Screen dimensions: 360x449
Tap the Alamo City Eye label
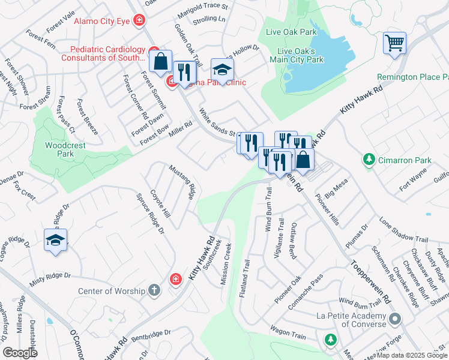pyautogui.click(x=102, y=22)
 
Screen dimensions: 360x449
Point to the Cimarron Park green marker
pyautogui.click(x=369, y=160)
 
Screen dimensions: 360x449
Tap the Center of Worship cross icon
pyautogui.click(x=154, y=291)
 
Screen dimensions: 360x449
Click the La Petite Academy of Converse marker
pyautogui.click(x=394, y=319)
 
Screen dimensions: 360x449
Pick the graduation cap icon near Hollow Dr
pyautogui.click(x=221, y=70)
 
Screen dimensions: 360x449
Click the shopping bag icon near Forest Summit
pyautogui.click(x=161, y=61)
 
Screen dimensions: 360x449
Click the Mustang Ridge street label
pyautogui.click(x=182, y=182)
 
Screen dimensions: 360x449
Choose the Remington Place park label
pyautogui.click(x=412, y=77)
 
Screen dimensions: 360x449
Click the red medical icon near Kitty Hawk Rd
pyautogui.click(x=175, y=279)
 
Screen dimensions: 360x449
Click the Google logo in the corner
pyautogui.click(x=20, y=353)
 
